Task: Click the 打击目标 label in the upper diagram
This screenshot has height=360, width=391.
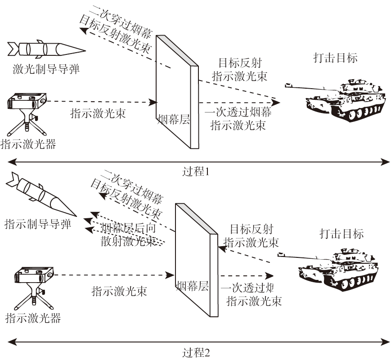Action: (335, 58)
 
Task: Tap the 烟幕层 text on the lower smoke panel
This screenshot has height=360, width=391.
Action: (192, 286)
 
